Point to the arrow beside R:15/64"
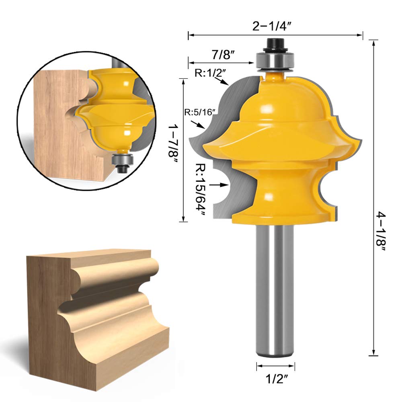click(x=221, y=185)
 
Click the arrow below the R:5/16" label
click(x=200, y=126)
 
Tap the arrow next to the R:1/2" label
click(x=222, y=82)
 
